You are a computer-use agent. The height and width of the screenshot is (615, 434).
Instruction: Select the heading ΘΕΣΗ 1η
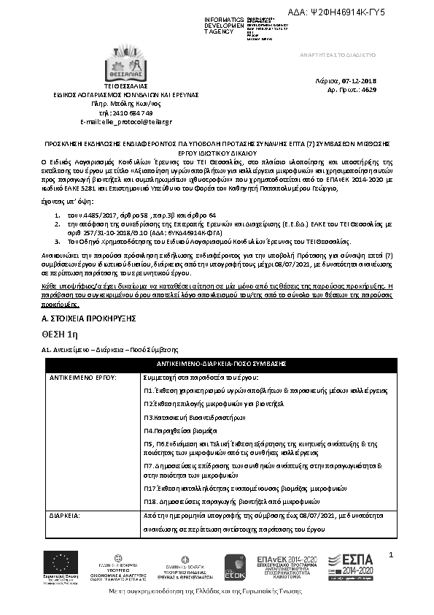[60, 334]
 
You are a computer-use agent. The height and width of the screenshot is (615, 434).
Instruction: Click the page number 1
[391, 557]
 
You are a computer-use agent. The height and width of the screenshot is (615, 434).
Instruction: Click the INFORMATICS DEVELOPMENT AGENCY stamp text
[224, 25]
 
